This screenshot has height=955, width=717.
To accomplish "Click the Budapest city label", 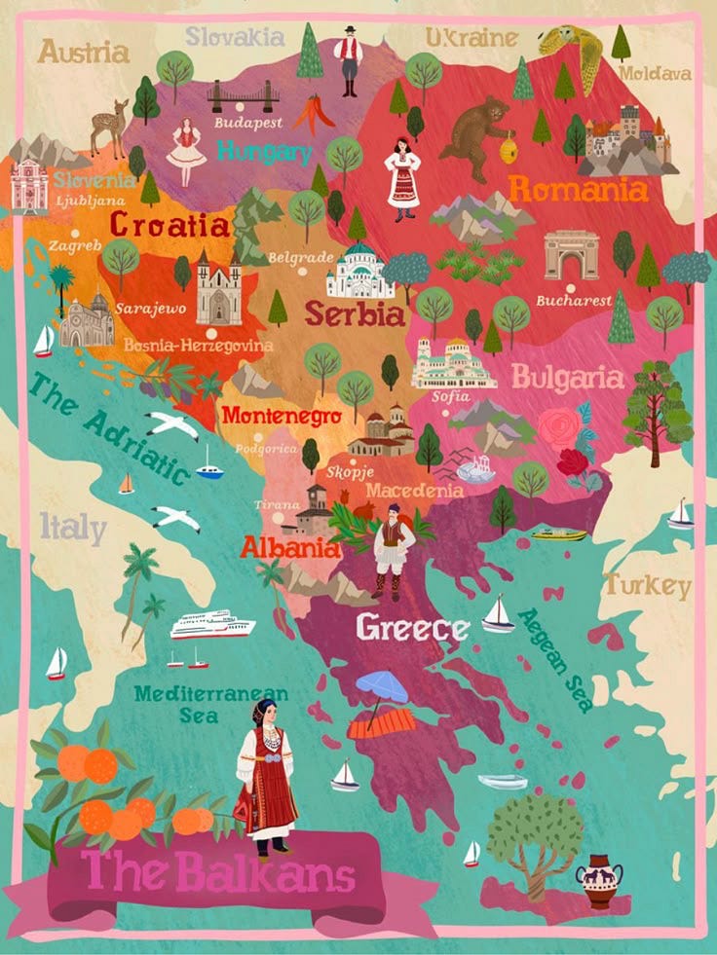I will pos(248,124).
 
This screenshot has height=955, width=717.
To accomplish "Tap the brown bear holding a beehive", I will pos(476,135).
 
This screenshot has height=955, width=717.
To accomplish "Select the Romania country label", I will pos(579,189).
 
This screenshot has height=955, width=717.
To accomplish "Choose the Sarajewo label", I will pos(150,308).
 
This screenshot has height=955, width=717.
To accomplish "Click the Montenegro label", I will pos(282,416).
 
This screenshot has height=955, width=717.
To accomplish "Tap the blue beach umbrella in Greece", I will pos(381,687).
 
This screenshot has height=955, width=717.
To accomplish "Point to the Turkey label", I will pos(648,585).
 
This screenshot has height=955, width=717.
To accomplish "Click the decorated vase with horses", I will pos(598,880).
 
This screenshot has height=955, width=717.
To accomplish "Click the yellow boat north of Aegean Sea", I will pos(559,533).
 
